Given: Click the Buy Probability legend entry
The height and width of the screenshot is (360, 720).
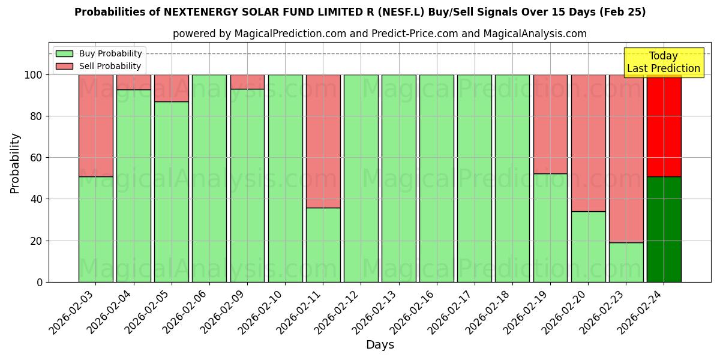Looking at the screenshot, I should point(99,53).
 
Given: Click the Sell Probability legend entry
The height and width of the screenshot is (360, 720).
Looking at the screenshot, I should point(99,66).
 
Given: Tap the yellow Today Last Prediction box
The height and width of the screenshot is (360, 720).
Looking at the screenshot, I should point(664,62).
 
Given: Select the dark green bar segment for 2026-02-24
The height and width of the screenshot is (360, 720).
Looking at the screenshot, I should point(664,229).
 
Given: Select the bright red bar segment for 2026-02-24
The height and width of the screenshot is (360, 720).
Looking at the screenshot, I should point(664,125).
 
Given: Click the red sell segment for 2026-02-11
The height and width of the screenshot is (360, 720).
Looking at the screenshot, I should point(323,141).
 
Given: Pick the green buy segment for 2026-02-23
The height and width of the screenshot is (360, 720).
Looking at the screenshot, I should point(626,262).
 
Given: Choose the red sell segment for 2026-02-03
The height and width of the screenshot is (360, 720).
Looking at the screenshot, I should point(96,125).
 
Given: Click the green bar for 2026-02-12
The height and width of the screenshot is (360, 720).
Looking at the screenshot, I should point(361,178).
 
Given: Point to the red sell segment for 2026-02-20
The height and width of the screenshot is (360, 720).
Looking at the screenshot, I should point(588,143).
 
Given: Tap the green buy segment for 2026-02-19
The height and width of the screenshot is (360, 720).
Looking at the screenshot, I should point(550,228).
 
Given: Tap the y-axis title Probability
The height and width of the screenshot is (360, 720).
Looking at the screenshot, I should point(15,163).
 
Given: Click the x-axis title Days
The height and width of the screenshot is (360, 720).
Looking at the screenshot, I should point(380,345).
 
